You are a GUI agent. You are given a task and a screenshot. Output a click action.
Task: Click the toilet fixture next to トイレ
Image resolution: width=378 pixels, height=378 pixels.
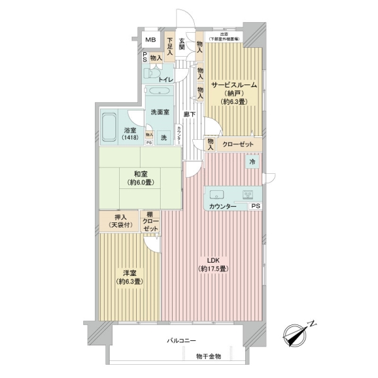point(151,74)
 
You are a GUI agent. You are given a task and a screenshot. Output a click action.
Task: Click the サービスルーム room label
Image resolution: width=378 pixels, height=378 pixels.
point(234,85)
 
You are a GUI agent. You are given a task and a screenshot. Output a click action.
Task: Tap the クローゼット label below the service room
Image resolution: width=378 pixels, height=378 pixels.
point(238,144)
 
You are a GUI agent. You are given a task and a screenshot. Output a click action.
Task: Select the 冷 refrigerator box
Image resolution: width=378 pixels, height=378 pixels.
point(253,161)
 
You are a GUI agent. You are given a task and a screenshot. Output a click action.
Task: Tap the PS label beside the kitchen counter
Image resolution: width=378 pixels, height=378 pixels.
point(255,206)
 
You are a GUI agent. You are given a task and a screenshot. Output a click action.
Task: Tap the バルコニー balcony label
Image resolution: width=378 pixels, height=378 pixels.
point(180,340)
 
